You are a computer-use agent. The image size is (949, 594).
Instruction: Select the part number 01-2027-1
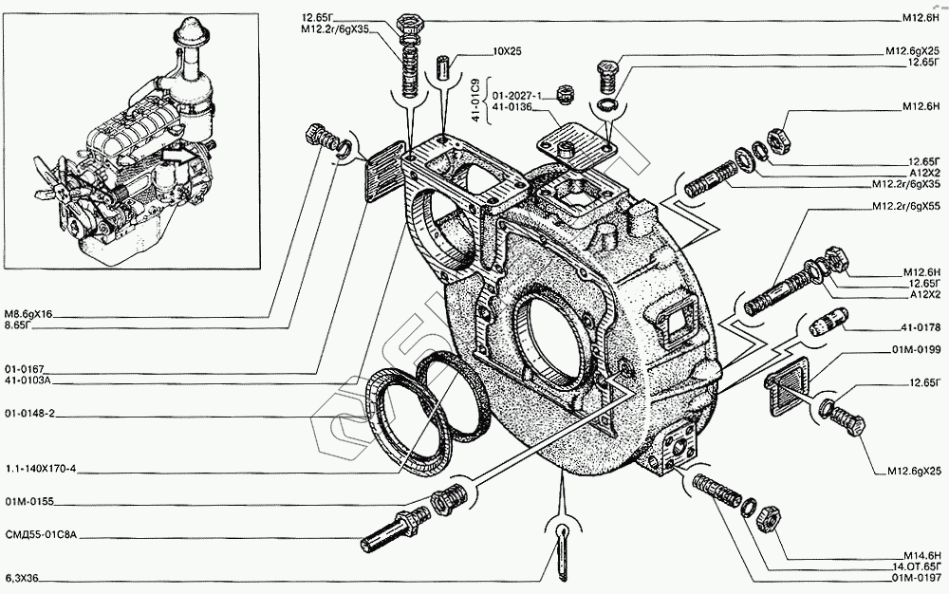(516, 96)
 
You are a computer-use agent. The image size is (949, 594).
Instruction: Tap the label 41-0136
(512, 109)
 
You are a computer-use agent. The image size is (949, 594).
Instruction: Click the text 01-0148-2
(29, 414)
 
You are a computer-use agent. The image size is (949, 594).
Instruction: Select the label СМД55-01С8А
(39, 535)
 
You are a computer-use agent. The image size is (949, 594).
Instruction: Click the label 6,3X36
(23, 577)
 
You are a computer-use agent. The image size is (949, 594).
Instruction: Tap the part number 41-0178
(917, 327)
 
